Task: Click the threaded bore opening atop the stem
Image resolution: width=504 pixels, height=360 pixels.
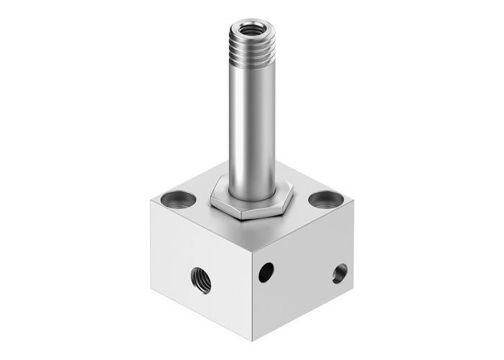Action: click(x=251, y=30)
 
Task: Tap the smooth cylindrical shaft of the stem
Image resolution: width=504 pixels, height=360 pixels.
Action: click(x=251, y=122)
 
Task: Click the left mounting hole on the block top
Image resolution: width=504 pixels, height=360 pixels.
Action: click(x=177, y=197)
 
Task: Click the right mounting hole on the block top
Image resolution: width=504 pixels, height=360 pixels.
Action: click(x=326, y=199)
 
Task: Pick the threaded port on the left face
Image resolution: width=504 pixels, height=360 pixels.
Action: click(x=201, y=279)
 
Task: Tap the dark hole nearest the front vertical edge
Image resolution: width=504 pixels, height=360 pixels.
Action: click(x=266, y=272)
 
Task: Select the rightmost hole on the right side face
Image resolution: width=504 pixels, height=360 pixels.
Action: click(x=339, y=273)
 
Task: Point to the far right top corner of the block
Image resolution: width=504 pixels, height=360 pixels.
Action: click(x=354, y=200)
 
